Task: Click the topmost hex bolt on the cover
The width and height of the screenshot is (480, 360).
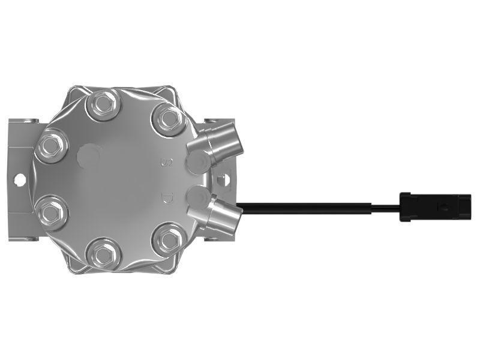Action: tap(101, 104)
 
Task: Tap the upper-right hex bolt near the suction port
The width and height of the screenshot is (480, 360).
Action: tap(169, 118)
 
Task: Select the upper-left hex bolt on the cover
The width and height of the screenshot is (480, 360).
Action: tap(51, 145)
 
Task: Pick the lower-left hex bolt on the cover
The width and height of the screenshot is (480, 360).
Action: tap(51, 212)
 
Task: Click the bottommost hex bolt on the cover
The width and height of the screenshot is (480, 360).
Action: tap(101, 253)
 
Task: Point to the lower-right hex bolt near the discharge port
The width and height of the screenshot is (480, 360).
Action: tap(169, 239)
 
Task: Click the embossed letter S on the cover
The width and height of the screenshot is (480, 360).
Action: tap(167, 162)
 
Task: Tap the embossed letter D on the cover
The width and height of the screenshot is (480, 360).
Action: tap(167, 199)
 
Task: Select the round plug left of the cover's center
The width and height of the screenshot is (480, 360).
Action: tap(89, 156)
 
